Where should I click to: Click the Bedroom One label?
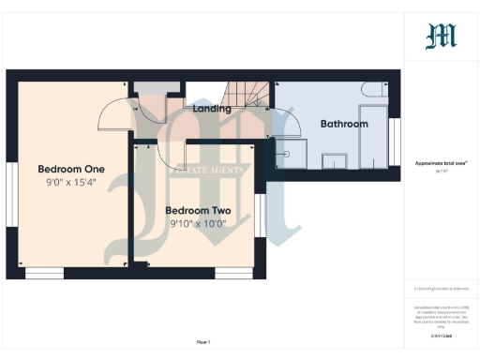pos(70,169)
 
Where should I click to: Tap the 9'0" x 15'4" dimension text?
pos(70,183)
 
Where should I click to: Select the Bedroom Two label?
pos(198,211)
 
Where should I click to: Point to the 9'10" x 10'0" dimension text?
pos(198,225)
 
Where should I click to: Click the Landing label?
pos(212,109)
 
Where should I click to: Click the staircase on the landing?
pos(248,95)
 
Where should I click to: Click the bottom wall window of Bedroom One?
pos(44,273)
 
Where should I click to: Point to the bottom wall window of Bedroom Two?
pos(233,273)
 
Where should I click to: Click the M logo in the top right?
pos(441,36)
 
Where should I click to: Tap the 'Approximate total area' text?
pos(441,163)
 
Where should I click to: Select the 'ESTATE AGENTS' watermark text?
pos(208,171)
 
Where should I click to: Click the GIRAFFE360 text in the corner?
pos(441,335)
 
